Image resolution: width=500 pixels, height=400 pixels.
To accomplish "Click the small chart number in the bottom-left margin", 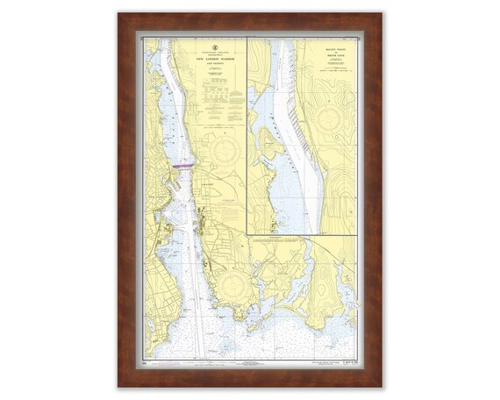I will point(147,361).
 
